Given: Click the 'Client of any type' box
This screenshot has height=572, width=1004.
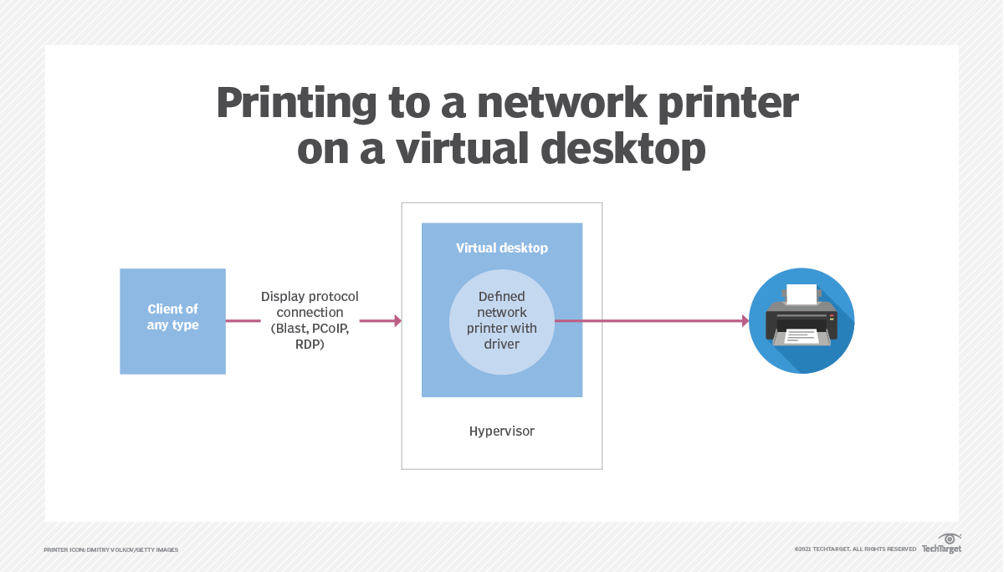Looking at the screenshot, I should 172,321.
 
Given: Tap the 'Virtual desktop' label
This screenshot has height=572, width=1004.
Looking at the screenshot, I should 501,248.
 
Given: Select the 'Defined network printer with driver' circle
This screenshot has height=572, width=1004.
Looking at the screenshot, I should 502,321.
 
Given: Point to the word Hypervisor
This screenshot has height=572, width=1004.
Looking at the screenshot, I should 501,432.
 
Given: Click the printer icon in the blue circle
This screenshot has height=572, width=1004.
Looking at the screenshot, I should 802,320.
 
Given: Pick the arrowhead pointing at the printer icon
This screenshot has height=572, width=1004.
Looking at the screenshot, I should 745,321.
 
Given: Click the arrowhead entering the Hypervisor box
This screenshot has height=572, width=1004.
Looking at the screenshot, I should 397,321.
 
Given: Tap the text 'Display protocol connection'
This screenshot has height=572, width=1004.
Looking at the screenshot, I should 310,304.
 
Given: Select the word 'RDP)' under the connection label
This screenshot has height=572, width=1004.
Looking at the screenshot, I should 310,343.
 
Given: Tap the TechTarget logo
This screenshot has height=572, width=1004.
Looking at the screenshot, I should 942,544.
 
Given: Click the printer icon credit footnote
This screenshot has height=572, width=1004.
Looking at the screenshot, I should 111,549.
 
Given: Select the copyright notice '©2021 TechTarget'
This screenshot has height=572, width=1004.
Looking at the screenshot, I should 855,549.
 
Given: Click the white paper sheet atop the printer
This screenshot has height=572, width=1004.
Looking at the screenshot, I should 802,294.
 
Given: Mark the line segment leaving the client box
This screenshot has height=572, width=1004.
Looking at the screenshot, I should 243,321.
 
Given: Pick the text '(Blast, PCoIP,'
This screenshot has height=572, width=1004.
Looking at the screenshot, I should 310,328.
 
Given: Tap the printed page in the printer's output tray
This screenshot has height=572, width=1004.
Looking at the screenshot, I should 802,336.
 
